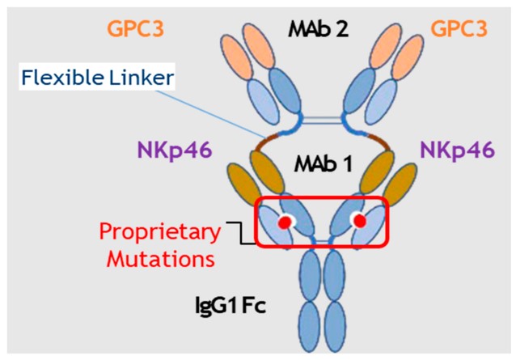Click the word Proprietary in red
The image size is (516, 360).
pos(159,233)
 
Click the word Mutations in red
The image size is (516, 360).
pos(159,259)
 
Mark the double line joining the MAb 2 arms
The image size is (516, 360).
pos(323,121)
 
